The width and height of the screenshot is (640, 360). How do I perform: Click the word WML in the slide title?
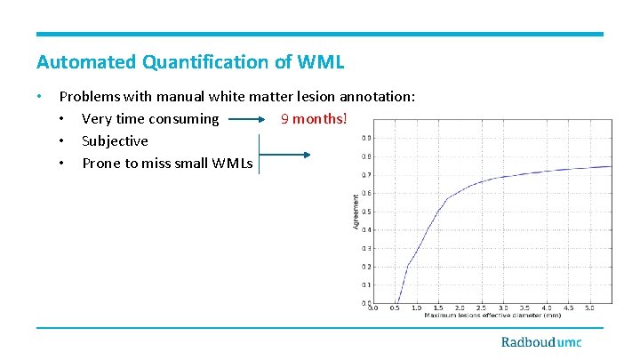(x=321, y=62)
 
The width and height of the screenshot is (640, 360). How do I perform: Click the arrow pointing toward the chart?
(x=284, y=155)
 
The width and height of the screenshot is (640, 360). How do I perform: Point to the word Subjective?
(x=115, y=141)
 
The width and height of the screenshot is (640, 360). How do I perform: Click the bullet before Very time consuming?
(x=62, y=119)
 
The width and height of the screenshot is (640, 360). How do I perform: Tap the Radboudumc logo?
(x=540, y=342)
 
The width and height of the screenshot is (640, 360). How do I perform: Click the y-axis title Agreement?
(x=357, y=213)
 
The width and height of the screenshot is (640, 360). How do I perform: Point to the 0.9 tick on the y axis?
(x=366, y=138)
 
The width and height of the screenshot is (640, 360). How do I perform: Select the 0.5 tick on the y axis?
(x=366, y=212)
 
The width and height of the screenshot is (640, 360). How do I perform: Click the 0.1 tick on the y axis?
(x=366, y=285)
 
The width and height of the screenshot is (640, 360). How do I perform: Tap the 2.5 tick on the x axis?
(x=482, y=308)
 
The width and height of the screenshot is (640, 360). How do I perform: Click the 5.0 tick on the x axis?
(x=590, y=308)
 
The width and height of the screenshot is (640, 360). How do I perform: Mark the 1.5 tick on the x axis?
(x=438, y=308)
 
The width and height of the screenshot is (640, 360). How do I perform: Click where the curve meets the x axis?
(x=397, y=303)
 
